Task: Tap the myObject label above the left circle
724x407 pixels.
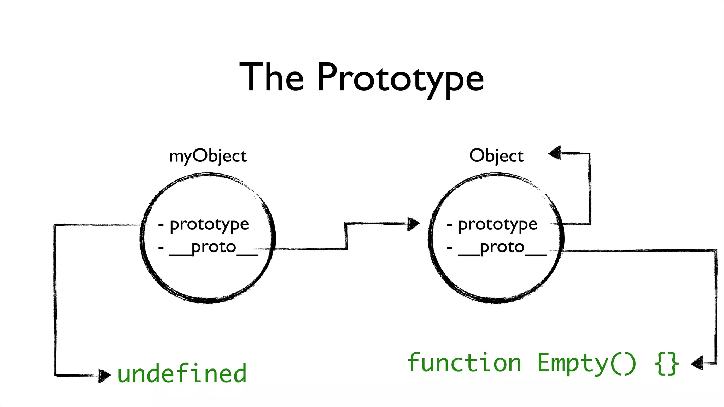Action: pyautogui.click(x=208, y=156)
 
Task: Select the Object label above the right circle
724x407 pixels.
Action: pyautogui.click(x=496, y=156)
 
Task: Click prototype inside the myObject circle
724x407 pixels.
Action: pyautogui.click(x=209, y=225)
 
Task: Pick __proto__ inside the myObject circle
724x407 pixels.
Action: pyautogui.click(x=214, y=247)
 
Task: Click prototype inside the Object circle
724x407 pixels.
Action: pyautogui.click(x=497, y=225)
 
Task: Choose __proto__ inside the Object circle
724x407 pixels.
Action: pyautogui.click(x=502, y=247)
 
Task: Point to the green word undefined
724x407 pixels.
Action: pyautogui.click(x=182, y=373)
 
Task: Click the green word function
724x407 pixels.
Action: pyautogui.click(x=464, y=363)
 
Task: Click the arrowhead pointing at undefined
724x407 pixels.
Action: pyautogui.click(x=104, y=376)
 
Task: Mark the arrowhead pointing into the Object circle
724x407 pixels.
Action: pyautogui.click(x=413, y=224)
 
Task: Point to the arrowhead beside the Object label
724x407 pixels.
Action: pyautogui.click(x=555, y=153)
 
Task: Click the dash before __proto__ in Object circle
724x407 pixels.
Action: pyautogui.click(x=449, y=248)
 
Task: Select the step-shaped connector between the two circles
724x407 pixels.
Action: pyautogui.click(x=346, y=236)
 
